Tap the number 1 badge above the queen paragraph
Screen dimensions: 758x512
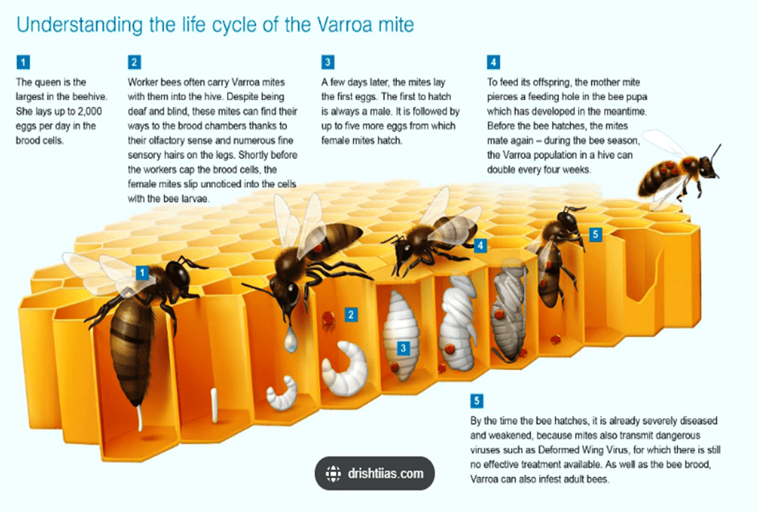(x=22, y=63)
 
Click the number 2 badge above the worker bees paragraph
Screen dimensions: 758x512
(x=135, y=63)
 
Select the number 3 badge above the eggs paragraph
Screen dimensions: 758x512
(x=328, y=63)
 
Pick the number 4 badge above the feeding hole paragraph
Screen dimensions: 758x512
(x=493, y=63)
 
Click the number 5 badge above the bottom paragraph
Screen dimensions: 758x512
(x=476, y=400)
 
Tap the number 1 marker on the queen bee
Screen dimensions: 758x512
(x=142, y=273)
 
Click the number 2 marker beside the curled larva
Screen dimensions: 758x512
(x=351, y=315)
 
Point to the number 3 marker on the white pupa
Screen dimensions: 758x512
(x=403, y=348)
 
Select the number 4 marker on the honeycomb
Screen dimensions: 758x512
(x=480, y=246)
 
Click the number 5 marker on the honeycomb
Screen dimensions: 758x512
(x=595, y=235)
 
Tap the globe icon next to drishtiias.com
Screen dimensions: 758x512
(x=333, y=473)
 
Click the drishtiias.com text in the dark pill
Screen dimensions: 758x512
(x=385, y=473)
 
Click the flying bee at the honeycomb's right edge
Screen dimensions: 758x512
(x=679, y=172)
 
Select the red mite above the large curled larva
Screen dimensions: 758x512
(x=328, y=319)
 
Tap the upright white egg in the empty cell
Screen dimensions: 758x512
(x=214, y=404)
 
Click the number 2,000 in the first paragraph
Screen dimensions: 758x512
(x=90, y=112)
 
